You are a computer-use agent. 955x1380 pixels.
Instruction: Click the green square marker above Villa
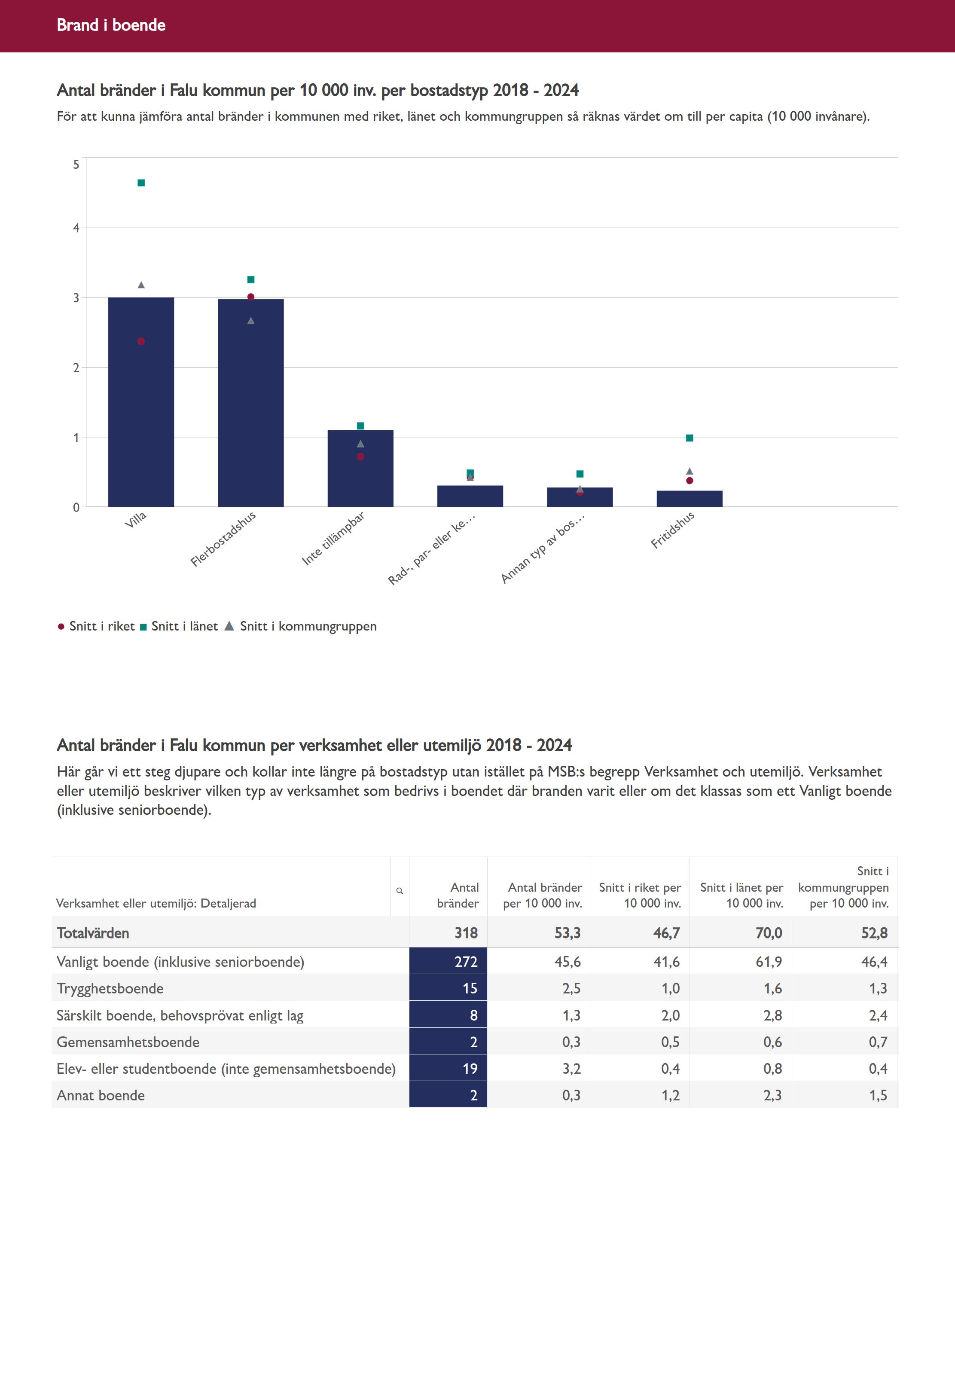click(141, 183)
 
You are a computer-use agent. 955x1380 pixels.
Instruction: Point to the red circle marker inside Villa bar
click(141, 341)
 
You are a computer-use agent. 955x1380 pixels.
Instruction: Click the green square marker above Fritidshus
click(690, 438)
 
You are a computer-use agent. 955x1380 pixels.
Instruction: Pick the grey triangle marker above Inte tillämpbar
click(360, 444)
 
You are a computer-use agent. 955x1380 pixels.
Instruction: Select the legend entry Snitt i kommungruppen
click(308, 626)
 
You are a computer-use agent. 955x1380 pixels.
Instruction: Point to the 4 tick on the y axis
click(76, 228)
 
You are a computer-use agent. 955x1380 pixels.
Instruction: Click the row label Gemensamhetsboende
click(128, 1042)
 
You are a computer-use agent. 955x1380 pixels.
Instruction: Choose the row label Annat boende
click(101, 1095)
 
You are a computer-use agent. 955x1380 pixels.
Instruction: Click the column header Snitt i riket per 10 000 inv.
click(640, 895)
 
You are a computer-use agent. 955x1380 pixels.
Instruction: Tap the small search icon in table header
click(400, 891)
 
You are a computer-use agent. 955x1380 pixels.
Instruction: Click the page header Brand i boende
click(111, 25)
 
